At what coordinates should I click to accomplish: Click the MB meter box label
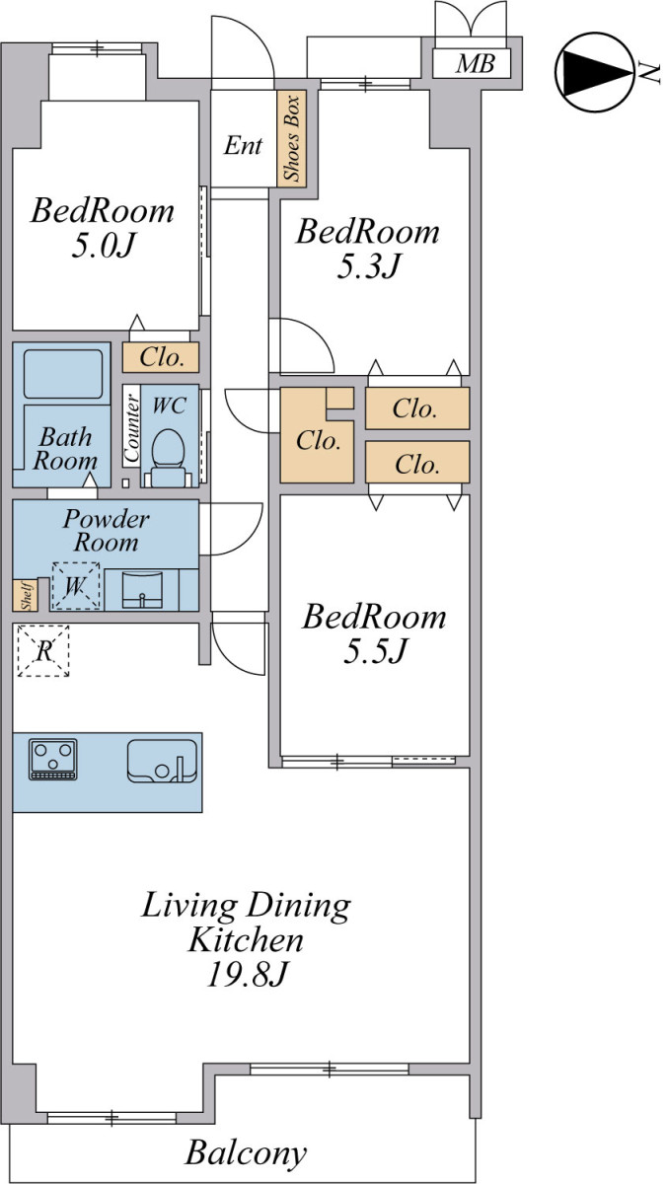475,64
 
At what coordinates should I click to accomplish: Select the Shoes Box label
291,138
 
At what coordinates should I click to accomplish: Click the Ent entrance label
243,145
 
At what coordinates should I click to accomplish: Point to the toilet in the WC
168,458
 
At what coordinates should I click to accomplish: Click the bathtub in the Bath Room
63,374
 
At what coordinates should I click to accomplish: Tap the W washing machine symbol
76,586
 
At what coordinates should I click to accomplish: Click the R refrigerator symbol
43,650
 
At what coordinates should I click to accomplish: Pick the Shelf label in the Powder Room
26,595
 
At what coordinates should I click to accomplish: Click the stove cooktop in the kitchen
53,759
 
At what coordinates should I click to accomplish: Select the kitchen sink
162,761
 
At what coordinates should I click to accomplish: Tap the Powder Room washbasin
142,589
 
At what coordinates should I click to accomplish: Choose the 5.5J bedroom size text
375,650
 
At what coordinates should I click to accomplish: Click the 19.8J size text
248,973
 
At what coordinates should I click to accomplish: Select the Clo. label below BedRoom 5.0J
162,357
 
